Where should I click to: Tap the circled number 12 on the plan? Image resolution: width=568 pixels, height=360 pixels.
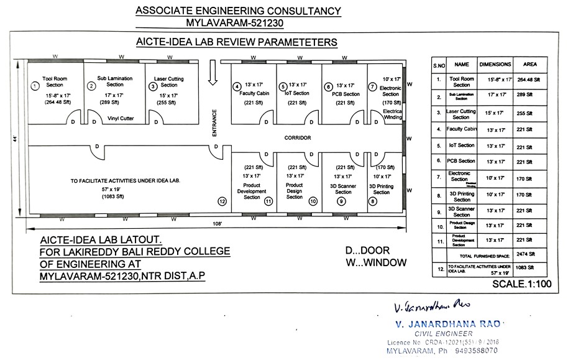pos(221,201)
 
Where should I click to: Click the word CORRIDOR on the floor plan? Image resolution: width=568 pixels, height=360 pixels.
pos(298,137)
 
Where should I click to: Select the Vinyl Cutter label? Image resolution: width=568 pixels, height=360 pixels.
pos(121,117)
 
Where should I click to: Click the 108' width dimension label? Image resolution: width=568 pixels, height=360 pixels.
pos(218,223)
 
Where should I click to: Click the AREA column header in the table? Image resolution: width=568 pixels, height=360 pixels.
pos(529,64)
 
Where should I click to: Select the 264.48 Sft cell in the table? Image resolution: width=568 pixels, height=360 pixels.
pos(529,80)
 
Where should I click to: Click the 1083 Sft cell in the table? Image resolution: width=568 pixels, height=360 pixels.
pos(529,268)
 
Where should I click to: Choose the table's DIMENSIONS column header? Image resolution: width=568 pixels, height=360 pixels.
pos(495,64)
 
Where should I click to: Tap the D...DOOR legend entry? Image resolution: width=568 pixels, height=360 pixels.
pos(368,250)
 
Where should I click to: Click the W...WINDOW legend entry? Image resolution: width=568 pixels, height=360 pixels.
pos(376,262)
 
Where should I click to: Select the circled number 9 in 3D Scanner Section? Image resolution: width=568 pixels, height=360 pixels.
pos(341,201)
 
